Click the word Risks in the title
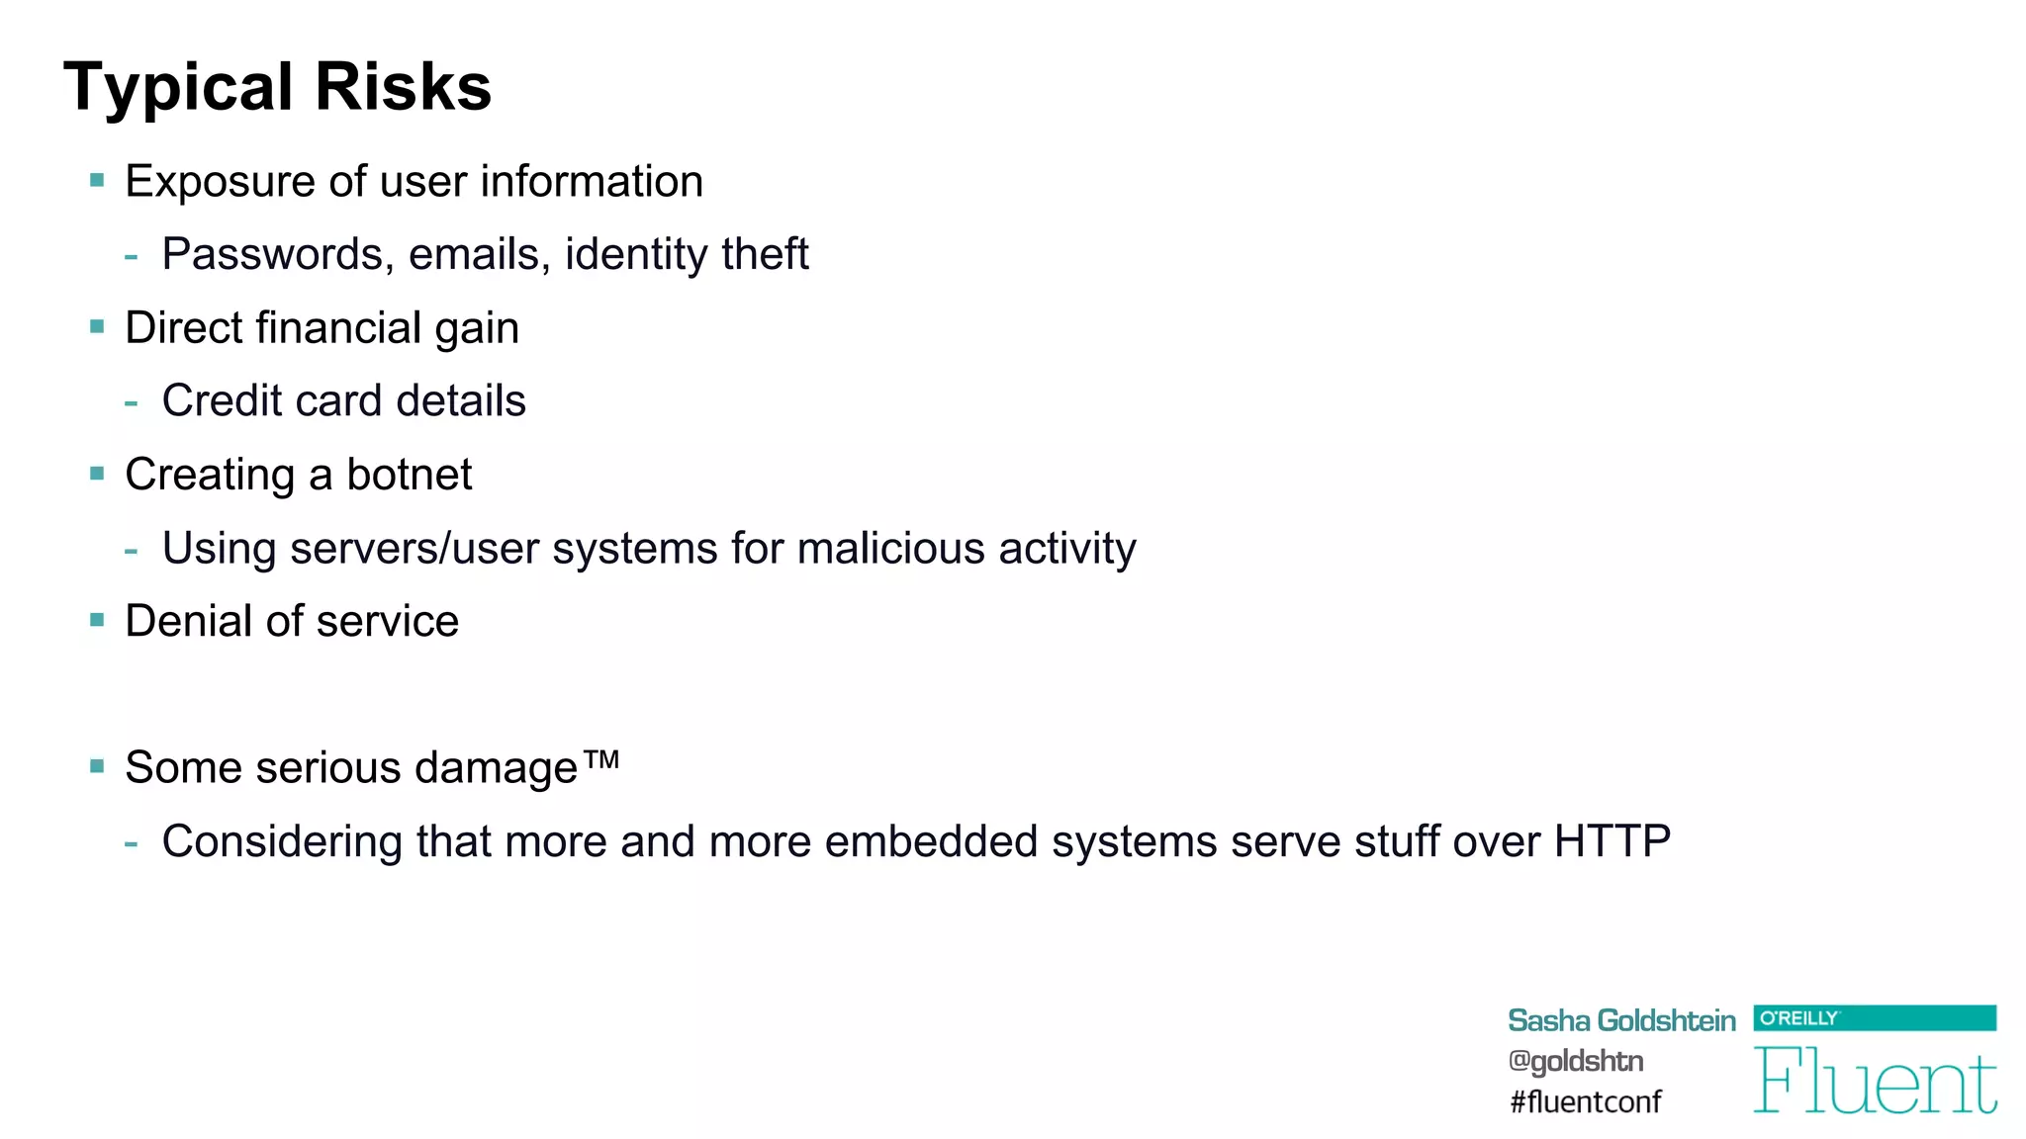point(403,87)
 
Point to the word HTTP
point(1612,842)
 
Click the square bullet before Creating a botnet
point(97,474)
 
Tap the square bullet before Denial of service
point(97,621)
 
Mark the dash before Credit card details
point(132,402)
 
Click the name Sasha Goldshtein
point(1620,1020)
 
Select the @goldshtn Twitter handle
point(1575,1061)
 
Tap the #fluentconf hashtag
point(1585,1101)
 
